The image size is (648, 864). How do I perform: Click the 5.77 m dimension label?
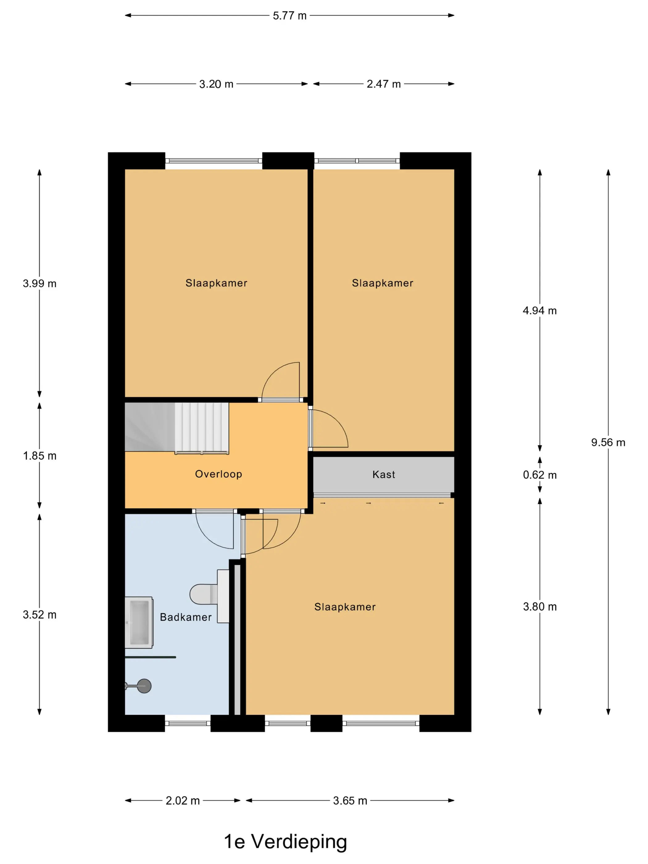click(x=289, y=16)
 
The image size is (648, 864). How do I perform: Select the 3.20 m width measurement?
click(x=216, y=84)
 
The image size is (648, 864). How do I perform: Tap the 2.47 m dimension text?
click(x=384, y=84)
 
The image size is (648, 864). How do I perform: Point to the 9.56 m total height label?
click(x=608, y=442)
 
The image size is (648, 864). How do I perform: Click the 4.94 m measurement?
click(x=539, y=310)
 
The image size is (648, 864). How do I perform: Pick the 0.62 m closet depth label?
click(x=539, y=475)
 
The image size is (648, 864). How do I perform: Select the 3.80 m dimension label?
click(x=539, y=607)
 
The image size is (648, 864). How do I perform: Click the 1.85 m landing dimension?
click(x=39, y=456)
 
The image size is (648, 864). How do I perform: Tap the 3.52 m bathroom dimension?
click(x=39, y=615)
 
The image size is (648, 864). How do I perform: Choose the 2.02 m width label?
click(x=182, y=801)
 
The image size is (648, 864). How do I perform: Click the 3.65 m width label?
click(x=350, y=801)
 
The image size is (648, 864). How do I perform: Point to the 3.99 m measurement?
click(x=39, y=284)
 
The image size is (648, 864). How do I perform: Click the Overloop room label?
click(x=218, y=474)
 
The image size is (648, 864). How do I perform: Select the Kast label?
click(x=384, y=475)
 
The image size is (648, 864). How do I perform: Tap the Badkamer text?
click(x=185, y=617)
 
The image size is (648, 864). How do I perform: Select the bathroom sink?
click(x=139, y=623)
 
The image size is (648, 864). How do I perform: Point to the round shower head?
click(x=144, y=686)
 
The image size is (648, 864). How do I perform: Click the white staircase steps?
click(x=201, y=428)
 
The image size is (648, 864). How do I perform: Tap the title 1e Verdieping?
click(x=285, y=842)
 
